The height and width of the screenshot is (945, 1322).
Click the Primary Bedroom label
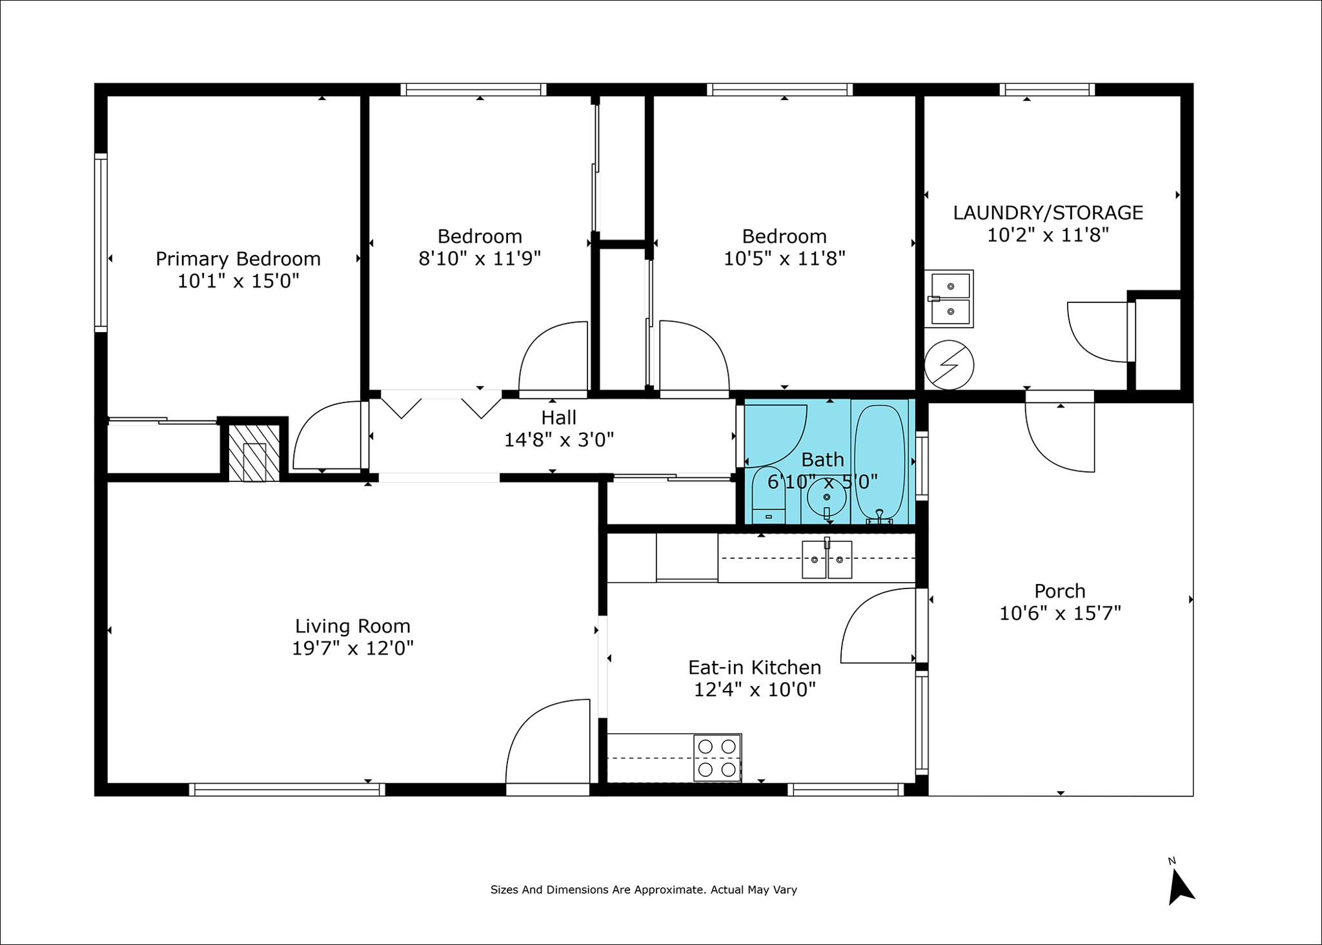coord(238,259)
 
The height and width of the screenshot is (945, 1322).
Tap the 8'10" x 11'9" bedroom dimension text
coord(480,258)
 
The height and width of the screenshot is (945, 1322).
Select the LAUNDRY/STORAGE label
coord(1048,213)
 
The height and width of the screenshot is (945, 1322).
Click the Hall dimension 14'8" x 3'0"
coord(559,440)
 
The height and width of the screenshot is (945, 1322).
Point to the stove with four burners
coord(717,758)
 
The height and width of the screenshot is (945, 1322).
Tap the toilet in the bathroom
coord(768,495)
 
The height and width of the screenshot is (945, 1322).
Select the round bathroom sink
coord(826,498)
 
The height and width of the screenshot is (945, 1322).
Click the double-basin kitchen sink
coord(827,559)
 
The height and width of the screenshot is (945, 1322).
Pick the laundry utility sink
coord(949,299)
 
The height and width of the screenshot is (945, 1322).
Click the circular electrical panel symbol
coord(949,365)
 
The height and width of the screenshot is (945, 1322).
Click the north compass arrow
coord(1180,888)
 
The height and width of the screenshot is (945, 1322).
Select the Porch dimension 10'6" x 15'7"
coord(1060,613)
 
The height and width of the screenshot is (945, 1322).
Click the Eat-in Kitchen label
coord(755,667)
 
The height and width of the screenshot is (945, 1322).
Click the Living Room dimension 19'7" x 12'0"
coord(352,648)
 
